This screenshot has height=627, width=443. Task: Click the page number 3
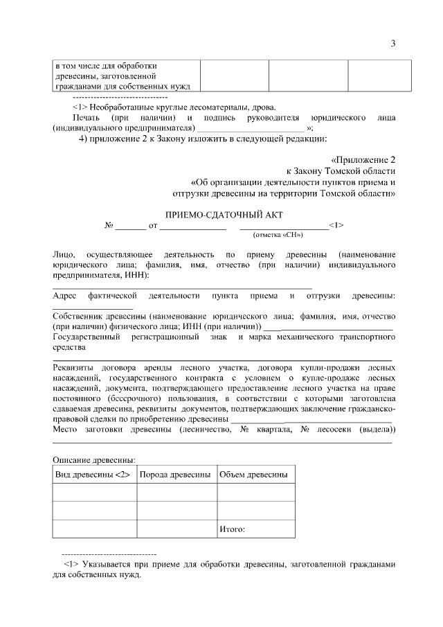tap(392, 44)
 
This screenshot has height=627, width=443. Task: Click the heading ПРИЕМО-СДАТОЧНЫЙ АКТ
tap(224, 215)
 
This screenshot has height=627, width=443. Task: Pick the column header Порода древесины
tap(176, 475)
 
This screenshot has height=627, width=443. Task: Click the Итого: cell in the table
tap(232, 529)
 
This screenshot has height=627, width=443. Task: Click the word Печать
tap(87, 118)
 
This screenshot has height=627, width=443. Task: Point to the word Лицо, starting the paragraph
tap(64, 255)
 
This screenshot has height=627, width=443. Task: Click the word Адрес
tap(66, 296)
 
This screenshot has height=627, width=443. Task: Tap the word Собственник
tap(79, 316)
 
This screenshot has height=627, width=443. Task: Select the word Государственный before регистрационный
tap(87, 337)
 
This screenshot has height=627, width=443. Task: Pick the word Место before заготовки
tap(66, 429)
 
